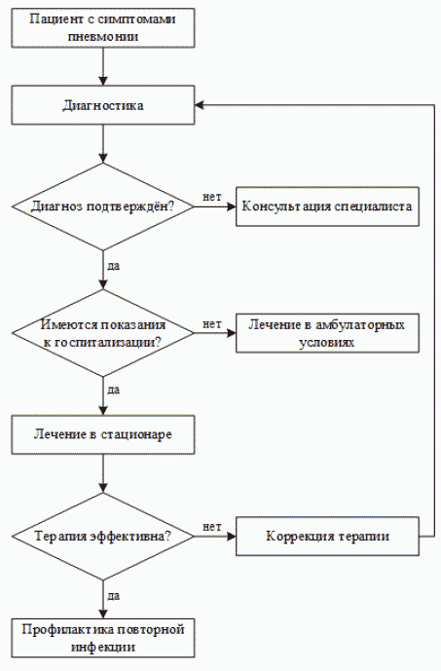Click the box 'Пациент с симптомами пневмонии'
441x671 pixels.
tap(102, 27)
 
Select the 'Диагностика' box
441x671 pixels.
tap(102, 105)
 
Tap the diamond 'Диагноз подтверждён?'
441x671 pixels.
tap(102, 206)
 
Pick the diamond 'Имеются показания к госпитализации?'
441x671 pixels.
tap(102, 334)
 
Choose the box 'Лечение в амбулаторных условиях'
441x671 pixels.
tap(327, 334)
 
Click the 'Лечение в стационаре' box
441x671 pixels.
tap(102, 433)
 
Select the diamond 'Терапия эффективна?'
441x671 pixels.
tap(102, 536)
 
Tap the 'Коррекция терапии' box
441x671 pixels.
tap(327, 536)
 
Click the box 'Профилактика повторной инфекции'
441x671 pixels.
tap(102, 637)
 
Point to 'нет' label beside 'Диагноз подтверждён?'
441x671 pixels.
tap(211, 197)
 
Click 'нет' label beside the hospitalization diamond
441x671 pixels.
tap(211, 323)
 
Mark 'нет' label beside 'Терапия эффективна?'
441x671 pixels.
tap(211, 526)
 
